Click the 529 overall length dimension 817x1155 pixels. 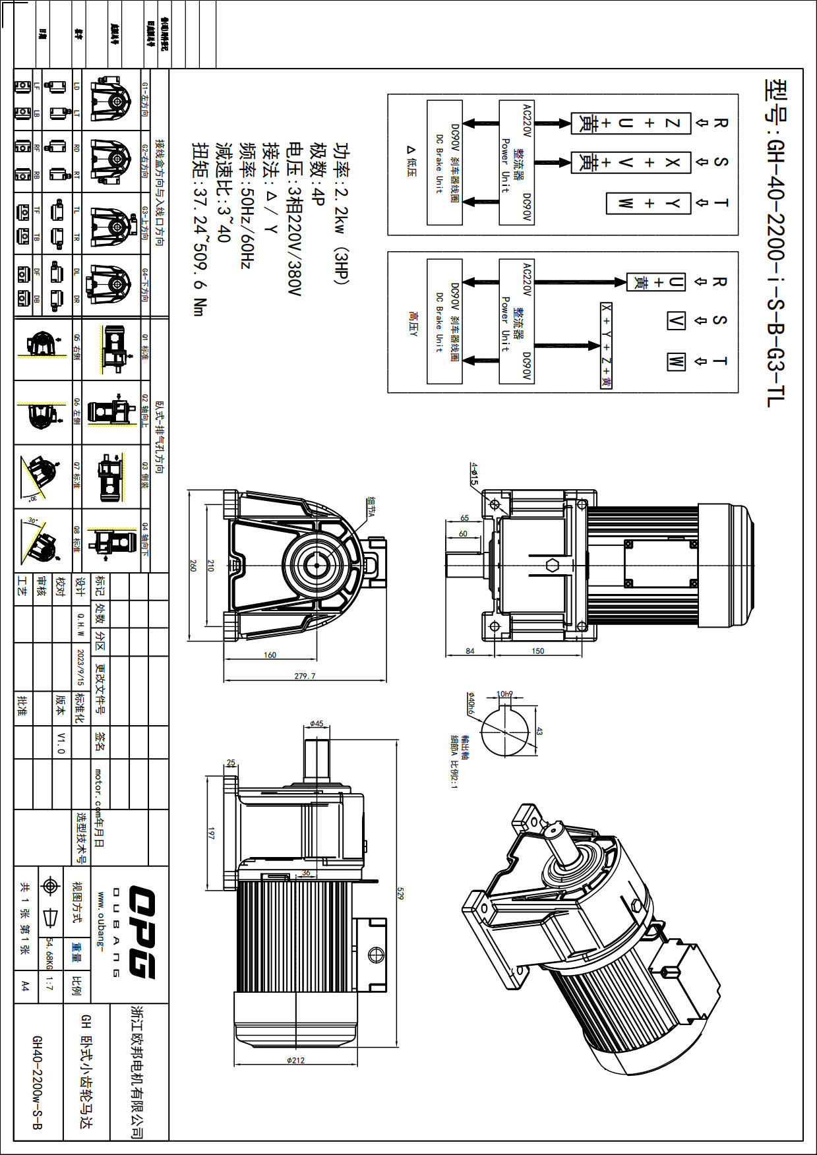point(400,893)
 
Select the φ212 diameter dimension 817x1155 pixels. point(295,1061)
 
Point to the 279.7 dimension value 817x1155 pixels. point(305,676)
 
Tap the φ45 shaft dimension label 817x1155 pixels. point(317,724)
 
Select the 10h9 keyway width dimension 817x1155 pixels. point(504,694)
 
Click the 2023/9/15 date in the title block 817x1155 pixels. point(80,666)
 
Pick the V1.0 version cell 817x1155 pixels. point(61,742)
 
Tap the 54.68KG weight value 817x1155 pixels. point(49,954)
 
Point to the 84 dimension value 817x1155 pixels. point(469,651)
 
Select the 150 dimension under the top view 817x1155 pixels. point(537,651)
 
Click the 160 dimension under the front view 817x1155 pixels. point(270,655)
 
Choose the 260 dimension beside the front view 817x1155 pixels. point(193,566)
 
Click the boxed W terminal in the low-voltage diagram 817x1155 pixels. point(625,203)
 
